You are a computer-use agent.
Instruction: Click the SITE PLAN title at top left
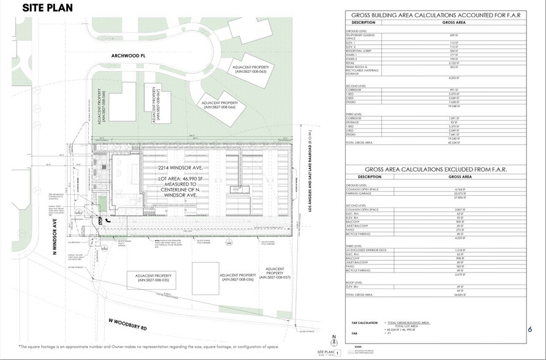(x=48, y=8)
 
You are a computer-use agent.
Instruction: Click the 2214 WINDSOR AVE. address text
(x=176, y=167)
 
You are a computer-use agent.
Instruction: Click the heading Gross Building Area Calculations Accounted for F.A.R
(x=436, y=15)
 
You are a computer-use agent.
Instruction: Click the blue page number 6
(x=529, y=329)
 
